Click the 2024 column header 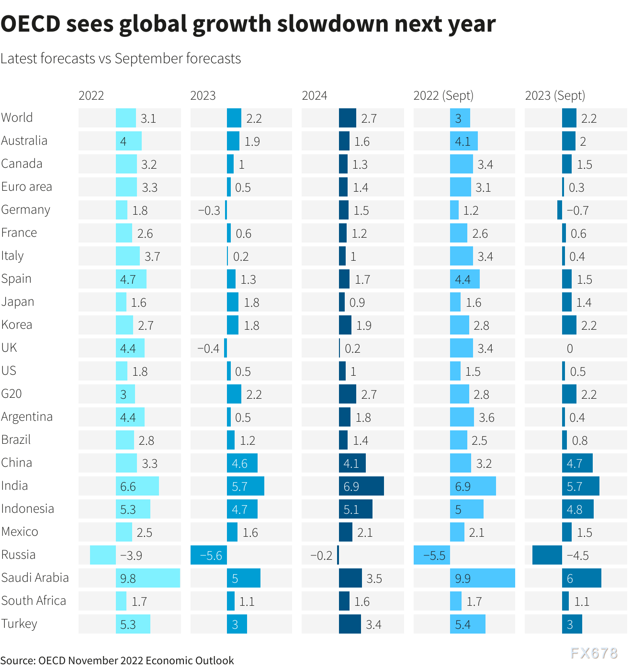[314, 95]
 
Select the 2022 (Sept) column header [443, 95]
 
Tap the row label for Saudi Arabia [35, 578]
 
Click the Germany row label [25, 210]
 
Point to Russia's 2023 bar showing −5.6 [209, 555]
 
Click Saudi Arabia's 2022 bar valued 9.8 [148, 578]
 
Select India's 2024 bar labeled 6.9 [361, 486]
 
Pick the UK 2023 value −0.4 [208, 348]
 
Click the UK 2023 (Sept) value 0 [569, 348]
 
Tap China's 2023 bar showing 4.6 [242, 463]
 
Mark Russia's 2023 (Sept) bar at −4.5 [547, 555]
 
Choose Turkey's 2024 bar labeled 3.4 [350, 624]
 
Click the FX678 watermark [594, 653]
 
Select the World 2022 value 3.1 [148, 118]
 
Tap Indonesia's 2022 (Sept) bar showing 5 [466, 509]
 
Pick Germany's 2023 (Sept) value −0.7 [577, 210]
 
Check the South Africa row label [34, 601]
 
